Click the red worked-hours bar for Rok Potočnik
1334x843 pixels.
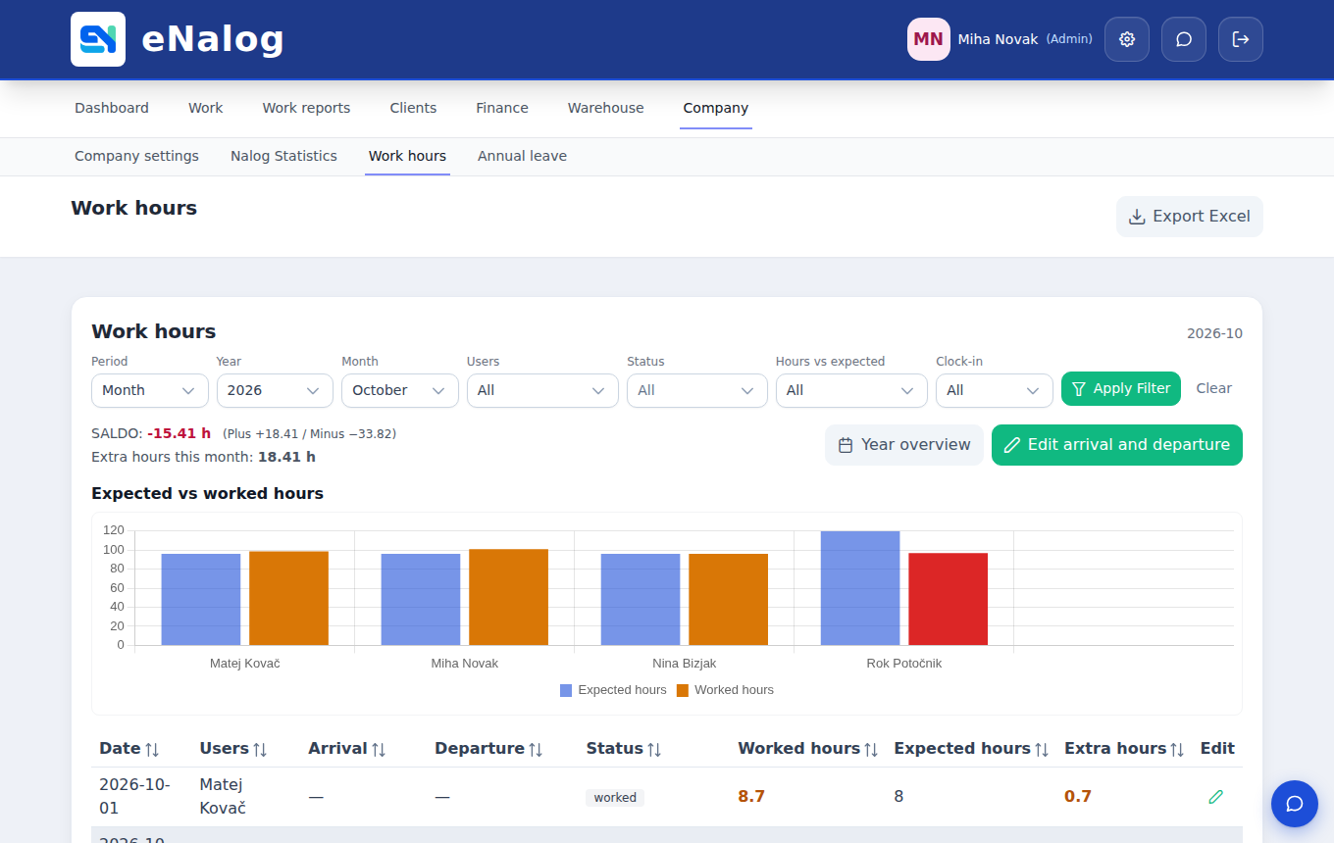tap(948, 599)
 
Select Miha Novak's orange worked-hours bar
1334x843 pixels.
tap(508, 597)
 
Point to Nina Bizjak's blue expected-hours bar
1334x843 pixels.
tap(641, 600)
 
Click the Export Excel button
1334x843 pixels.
tap(1189, 216)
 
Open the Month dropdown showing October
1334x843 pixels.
tap(399, 390)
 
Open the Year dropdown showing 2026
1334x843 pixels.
tap(275, 390)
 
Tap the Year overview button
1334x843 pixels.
tap(904, 445)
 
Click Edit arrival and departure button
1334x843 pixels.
tap(1116, 445)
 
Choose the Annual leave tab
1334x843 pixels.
tap(522, 156)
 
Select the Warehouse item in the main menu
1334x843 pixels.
tap(605, 108)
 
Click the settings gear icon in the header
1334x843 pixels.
tap(1127, 39)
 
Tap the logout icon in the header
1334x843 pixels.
tap(1241, 39)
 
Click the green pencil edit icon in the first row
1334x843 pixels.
tap(1216, 797)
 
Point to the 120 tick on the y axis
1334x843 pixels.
tap(113, 530)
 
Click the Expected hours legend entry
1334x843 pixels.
tap(613, 690)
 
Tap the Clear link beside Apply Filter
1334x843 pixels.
tap(1213, 388)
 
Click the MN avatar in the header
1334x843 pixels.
tap(929, 39)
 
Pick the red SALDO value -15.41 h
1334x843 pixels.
tap(179, 433)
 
